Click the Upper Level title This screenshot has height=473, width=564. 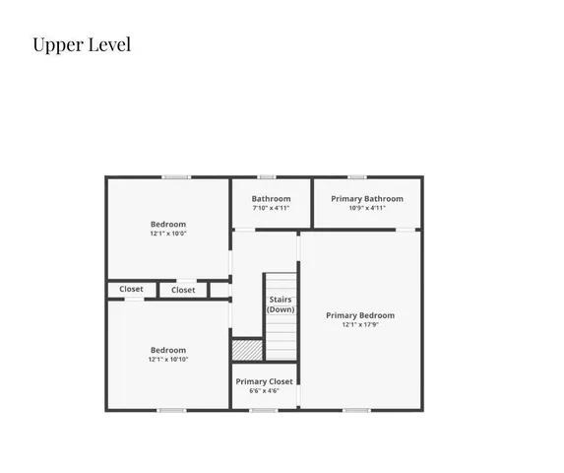[x=82, y=45]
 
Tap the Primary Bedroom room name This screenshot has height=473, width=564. [x=360, y=315]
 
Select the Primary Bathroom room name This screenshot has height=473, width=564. [x=367, y=198]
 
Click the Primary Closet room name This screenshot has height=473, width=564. [x=264, y=380]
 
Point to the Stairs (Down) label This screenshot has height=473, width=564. [x=281, y=304]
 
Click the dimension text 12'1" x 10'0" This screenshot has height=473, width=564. [x=167, y=235]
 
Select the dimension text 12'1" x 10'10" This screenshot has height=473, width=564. [x=167, y=360]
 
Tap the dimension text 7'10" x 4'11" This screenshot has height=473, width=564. [x=271, y=208]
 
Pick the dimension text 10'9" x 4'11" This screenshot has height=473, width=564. [x=367, y=208]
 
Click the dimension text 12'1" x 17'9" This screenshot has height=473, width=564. [x=360, y=325]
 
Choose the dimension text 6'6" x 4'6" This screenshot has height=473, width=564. [x=264, y=391]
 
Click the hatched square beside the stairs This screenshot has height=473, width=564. [x=246, y=350]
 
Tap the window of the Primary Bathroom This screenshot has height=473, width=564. [x=357, y=177]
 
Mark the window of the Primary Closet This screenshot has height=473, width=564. [x=264, y=410]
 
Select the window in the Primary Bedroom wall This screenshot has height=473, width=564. [x=356, y=410]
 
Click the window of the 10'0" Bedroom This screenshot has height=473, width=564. [x=176, y=177]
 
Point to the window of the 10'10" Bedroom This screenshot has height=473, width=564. [x=171, y=410]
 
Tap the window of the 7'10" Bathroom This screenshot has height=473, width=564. [x=266, y=177]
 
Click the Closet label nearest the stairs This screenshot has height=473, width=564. [x=183, y=290]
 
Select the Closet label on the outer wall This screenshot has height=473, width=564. [x=131, y=289]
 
